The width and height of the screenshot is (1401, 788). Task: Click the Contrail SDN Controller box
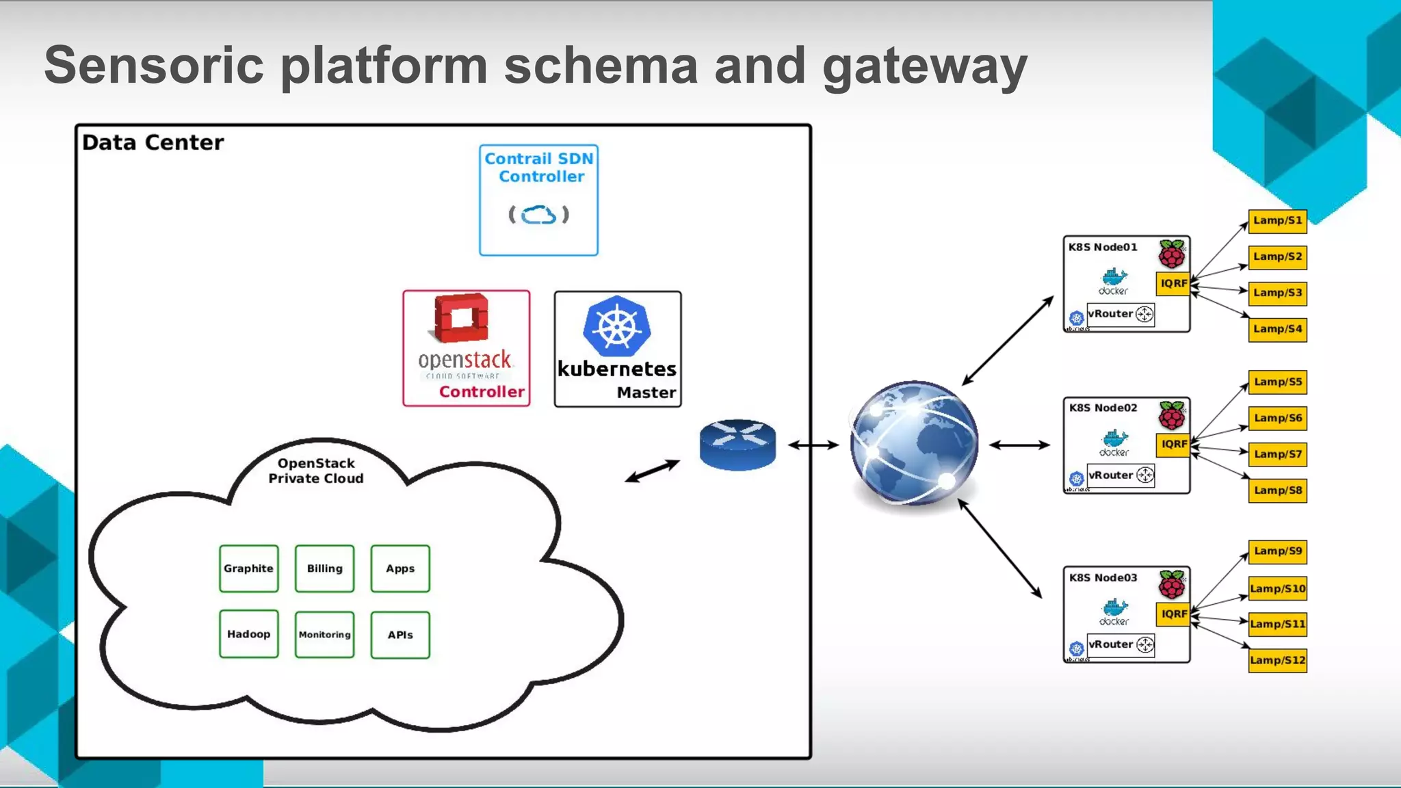point(538,200)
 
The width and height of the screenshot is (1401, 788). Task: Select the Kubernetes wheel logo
point(617,326)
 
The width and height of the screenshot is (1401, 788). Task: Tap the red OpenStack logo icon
point(462,317)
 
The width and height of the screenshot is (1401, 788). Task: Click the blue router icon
point(737,445)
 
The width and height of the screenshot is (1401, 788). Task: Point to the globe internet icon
point(914,443)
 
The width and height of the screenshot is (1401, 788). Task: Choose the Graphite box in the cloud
point(248,568)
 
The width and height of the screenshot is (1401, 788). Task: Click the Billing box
point(324,568)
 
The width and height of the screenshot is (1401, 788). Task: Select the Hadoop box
point(248,634)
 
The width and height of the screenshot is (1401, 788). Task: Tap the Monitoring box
point(324,635)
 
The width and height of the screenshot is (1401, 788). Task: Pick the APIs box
point(400,635)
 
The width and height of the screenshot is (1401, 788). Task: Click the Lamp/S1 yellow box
point(1277,221)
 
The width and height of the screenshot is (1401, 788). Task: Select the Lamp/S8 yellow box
point(1277,490)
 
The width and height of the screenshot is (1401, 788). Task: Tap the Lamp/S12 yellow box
point(1277,660)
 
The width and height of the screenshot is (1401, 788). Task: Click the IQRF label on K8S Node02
point(1174,444)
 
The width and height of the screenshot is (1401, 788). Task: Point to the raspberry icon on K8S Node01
point(1172,254)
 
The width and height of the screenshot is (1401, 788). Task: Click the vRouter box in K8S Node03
point(1121,644)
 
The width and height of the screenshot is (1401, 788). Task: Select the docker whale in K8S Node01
point(1114,277)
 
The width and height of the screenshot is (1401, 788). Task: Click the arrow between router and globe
point(813,445)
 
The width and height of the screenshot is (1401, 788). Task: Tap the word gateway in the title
point(924,66)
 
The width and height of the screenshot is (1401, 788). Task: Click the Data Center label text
point(153,142)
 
